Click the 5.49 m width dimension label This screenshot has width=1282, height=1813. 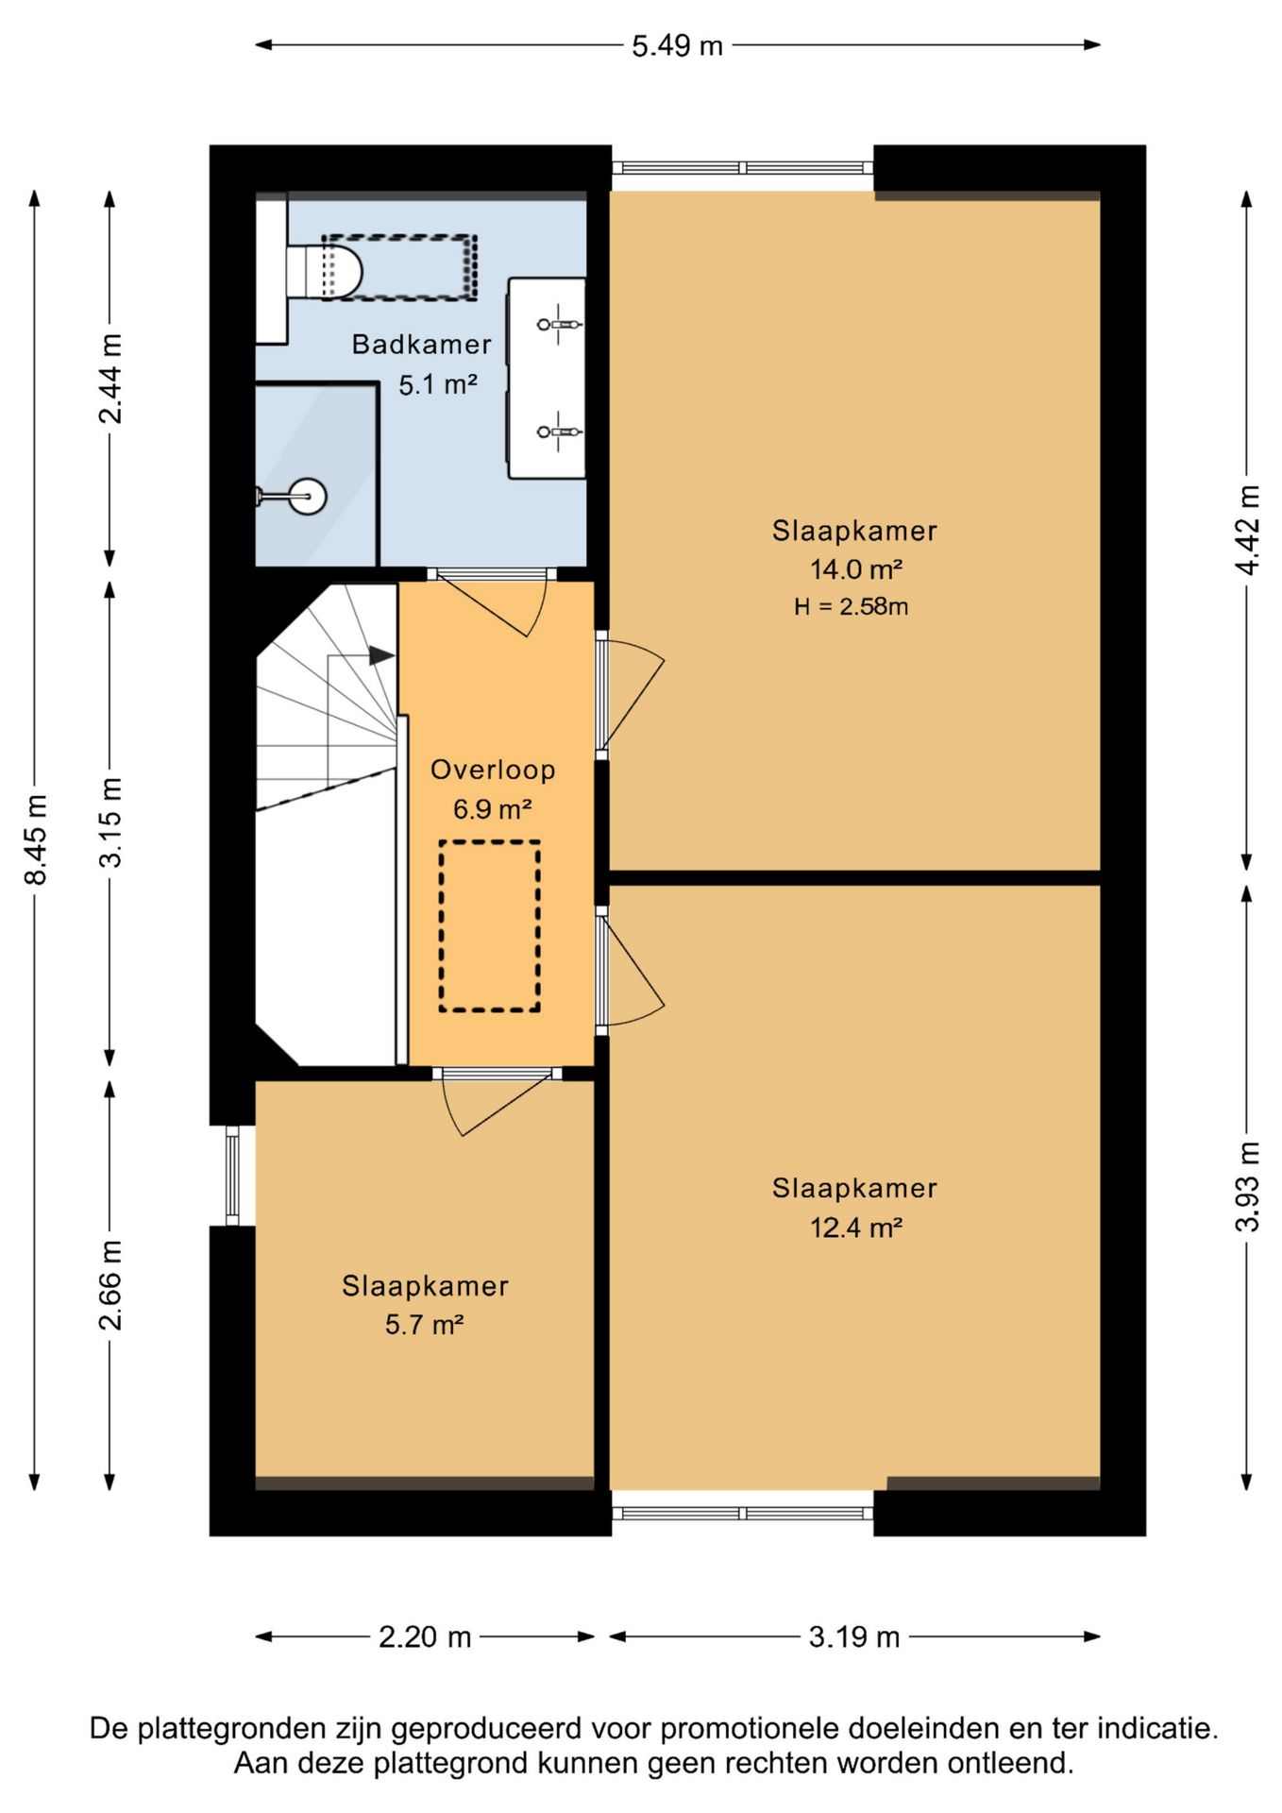tap(677, 45)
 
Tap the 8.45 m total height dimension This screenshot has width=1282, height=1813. tap(36, 839)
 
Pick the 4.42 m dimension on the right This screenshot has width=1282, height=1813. tap(1248, 529)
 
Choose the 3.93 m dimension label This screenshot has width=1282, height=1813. tap(1248, 1186)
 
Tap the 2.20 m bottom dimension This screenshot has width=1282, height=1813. tap(425, 1636)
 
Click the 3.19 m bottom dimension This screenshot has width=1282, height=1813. tap(854, 1636)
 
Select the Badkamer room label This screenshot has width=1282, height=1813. tap(422, 345)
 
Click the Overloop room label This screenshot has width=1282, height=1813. tap(493, 770)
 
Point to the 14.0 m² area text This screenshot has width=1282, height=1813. tap(855, 568)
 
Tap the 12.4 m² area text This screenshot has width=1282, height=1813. tap(855, 1227)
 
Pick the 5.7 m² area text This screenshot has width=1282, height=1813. tap(424, 1324)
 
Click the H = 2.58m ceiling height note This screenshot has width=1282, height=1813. tap(851, 606)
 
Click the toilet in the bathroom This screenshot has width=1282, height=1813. tap(324, 270)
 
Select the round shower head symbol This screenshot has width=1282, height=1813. tap(306, 496)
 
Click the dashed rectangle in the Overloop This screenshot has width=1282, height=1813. tap(489, 926)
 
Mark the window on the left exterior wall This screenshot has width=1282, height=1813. tap(232, 1176)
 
